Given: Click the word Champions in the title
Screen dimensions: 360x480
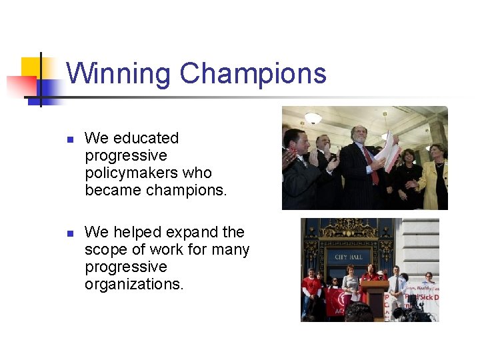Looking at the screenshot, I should pyautogui.click(x=253, y=73).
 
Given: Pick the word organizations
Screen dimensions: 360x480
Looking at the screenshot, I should pyautogui.click(x=133, y=284).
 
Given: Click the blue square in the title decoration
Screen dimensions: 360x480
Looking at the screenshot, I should pyautogui.click(x=51, y=91).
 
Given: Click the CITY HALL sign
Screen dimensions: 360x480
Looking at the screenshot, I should pyautogui.click(x=348, y=257).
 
